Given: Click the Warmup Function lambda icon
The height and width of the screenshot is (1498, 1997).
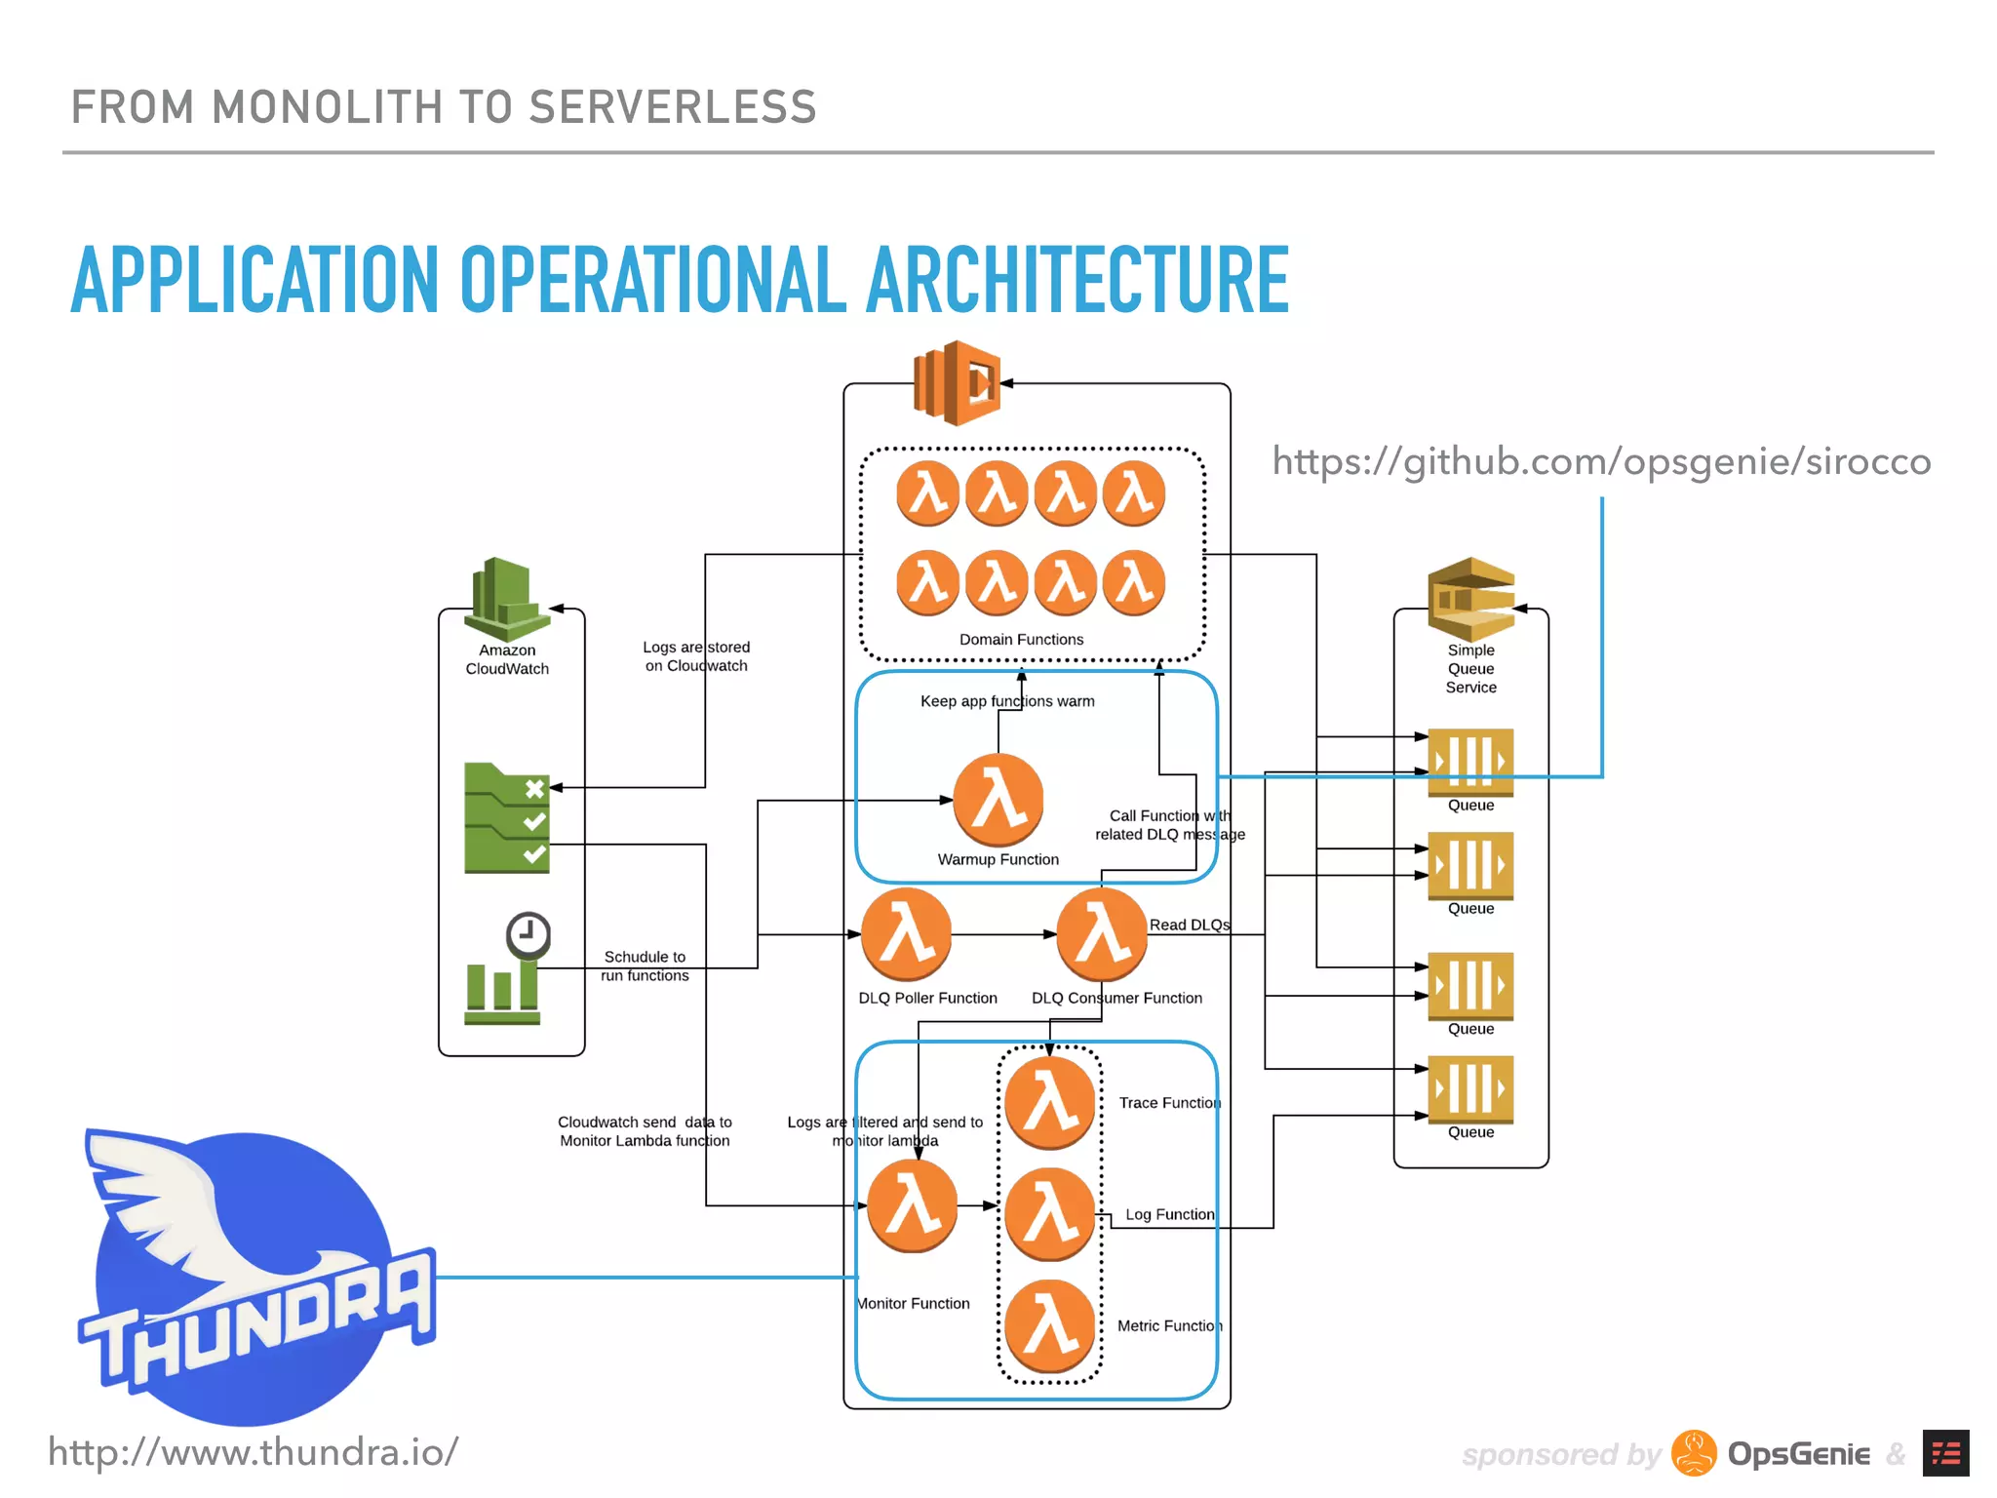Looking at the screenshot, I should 998,800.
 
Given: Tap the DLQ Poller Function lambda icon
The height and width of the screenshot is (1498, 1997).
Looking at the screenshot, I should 907,934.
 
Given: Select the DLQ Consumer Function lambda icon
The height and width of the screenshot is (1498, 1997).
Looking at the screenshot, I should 1102,934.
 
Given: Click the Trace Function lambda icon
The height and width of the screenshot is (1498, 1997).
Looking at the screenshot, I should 1050,1103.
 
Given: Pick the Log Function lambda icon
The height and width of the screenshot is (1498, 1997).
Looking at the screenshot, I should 1050,1214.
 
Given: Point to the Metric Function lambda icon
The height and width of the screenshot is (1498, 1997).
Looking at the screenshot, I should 1050,1326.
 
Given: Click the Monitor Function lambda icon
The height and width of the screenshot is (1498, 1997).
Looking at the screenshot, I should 913,1205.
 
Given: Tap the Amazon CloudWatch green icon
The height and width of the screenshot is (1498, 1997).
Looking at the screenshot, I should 506,598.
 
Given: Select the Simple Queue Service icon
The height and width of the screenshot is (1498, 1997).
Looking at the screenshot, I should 1470,598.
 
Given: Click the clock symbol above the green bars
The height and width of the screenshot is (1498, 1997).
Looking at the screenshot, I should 529,935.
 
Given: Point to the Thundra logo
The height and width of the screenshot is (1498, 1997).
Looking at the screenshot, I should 254,1278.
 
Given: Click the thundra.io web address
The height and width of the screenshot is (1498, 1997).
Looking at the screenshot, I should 254,1452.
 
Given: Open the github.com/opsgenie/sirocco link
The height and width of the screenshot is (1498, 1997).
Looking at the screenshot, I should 1601,461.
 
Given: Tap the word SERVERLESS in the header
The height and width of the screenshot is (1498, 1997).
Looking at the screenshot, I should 672,107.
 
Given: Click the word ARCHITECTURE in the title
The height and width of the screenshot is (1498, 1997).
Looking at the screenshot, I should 1077,281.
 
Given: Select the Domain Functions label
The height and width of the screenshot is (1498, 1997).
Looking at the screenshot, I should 1021,640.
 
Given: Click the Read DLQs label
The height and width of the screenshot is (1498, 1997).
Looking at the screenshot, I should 1190,925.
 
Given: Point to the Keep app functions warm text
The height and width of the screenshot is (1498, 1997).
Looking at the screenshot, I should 1007,701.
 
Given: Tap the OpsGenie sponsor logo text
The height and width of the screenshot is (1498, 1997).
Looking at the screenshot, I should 1798,1454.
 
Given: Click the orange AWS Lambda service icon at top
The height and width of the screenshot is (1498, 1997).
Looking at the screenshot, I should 957,383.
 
